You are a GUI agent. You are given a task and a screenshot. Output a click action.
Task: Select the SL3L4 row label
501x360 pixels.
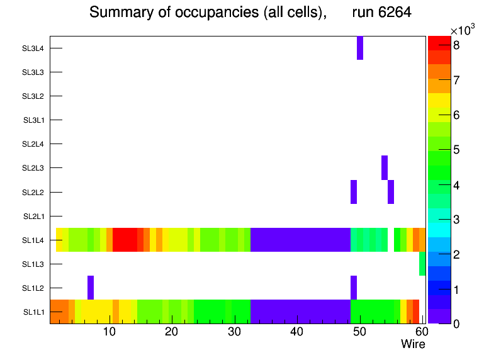pos(33,48)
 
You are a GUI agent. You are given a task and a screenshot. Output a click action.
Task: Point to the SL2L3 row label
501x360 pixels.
pos(33,168)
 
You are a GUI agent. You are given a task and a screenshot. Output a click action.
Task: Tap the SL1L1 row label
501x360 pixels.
pos(34,312)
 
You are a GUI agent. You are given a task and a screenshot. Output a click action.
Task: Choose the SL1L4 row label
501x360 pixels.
pos(34,240)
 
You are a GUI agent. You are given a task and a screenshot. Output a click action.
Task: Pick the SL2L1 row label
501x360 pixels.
pos(34,217)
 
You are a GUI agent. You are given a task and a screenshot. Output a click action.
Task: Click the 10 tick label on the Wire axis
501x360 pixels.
pos(109,332)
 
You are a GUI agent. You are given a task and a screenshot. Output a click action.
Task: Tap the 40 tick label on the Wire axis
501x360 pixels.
pos(296,332)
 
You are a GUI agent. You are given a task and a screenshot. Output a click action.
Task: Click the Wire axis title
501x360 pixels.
pos(413,344)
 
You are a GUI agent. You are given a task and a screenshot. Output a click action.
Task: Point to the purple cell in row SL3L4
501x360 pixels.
pos(360,48)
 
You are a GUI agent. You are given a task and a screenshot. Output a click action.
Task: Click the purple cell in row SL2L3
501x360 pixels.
pos(385,167)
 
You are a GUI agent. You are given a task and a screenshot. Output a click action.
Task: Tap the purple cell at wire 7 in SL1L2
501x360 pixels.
pos(91,288)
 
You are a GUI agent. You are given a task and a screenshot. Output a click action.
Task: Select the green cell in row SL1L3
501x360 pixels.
pos(422,264)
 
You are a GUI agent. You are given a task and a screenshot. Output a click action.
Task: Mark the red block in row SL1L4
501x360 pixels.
pos(125,240)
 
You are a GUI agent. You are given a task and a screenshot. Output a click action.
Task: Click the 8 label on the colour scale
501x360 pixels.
pos(456,45)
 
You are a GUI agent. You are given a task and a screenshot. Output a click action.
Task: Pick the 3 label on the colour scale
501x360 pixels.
pos(456,220)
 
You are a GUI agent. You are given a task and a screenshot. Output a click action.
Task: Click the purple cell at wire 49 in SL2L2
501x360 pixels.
pos(354,192)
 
